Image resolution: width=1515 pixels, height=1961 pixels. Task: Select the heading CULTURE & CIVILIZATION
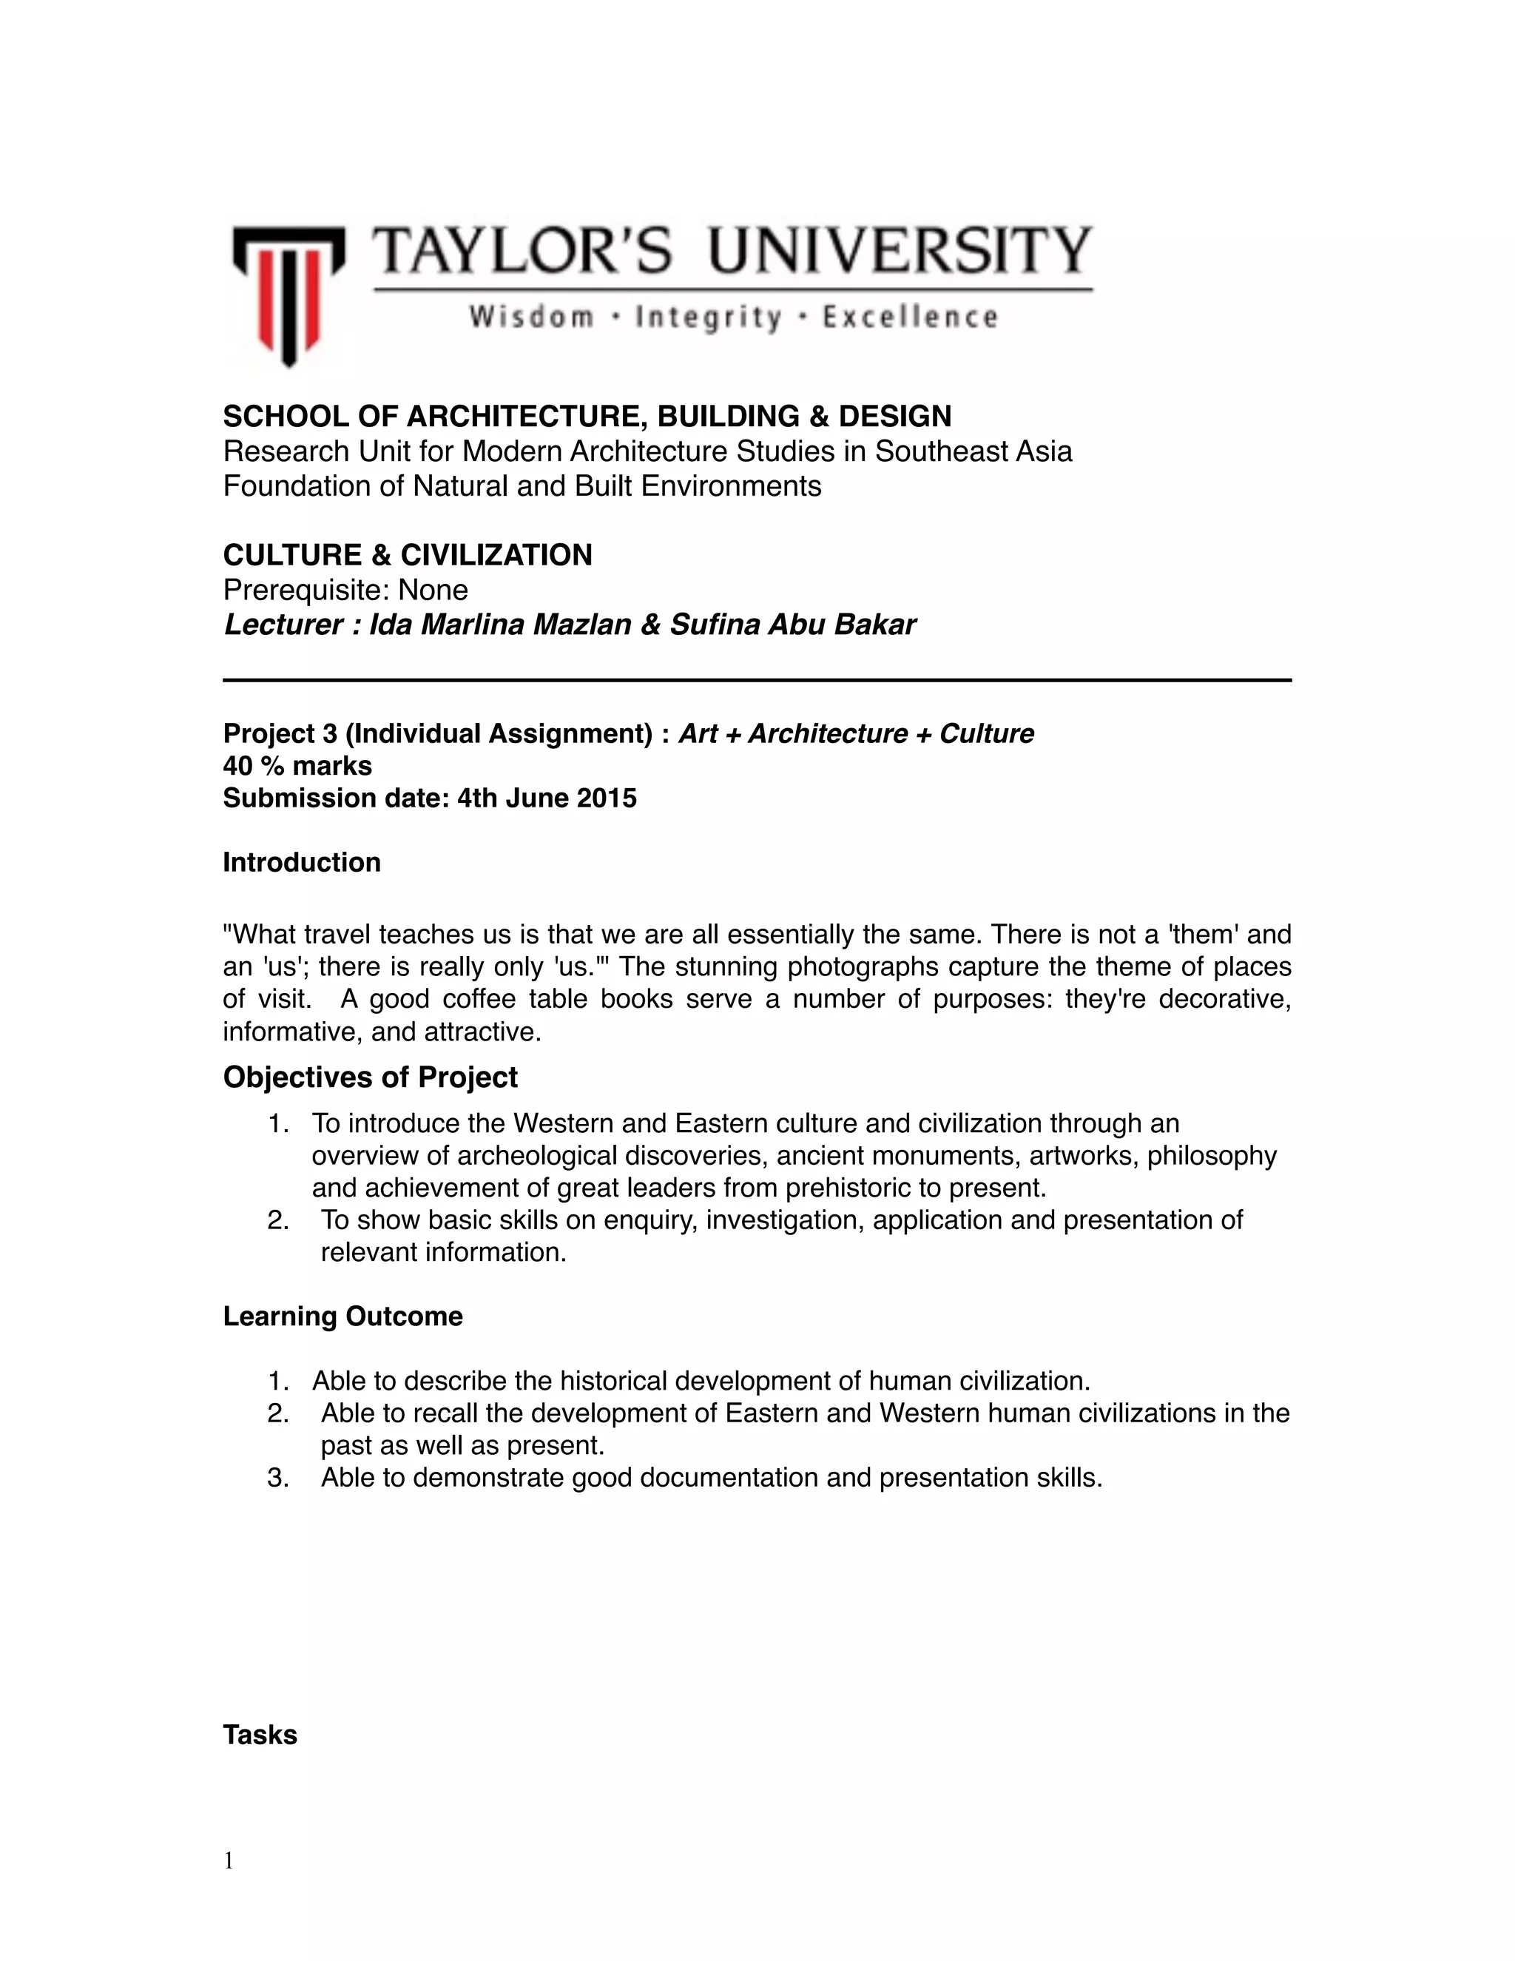click(x=408, y=555)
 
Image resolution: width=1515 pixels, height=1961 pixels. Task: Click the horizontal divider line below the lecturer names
click(x=757, y=681)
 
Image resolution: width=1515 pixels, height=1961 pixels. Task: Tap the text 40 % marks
click(x=297, y=766)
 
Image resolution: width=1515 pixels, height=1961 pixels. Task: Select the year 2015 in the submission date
click(x=607, y=798)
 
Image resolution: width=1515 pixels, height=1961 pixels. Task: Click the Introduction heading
click(x=302, y=863)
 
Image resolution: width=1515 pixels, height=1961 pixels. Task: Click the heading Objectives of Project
click(x=370, y=1077)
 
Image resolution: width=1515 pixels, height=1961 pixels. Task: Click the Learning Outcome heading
click(x=343, y=1316)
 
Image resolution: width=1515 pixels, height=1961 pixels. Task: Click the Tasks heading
click(x=260, y=1735)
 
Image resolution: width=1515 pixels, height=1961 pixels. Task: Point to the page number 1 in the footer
click(x=229, y=1861)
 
